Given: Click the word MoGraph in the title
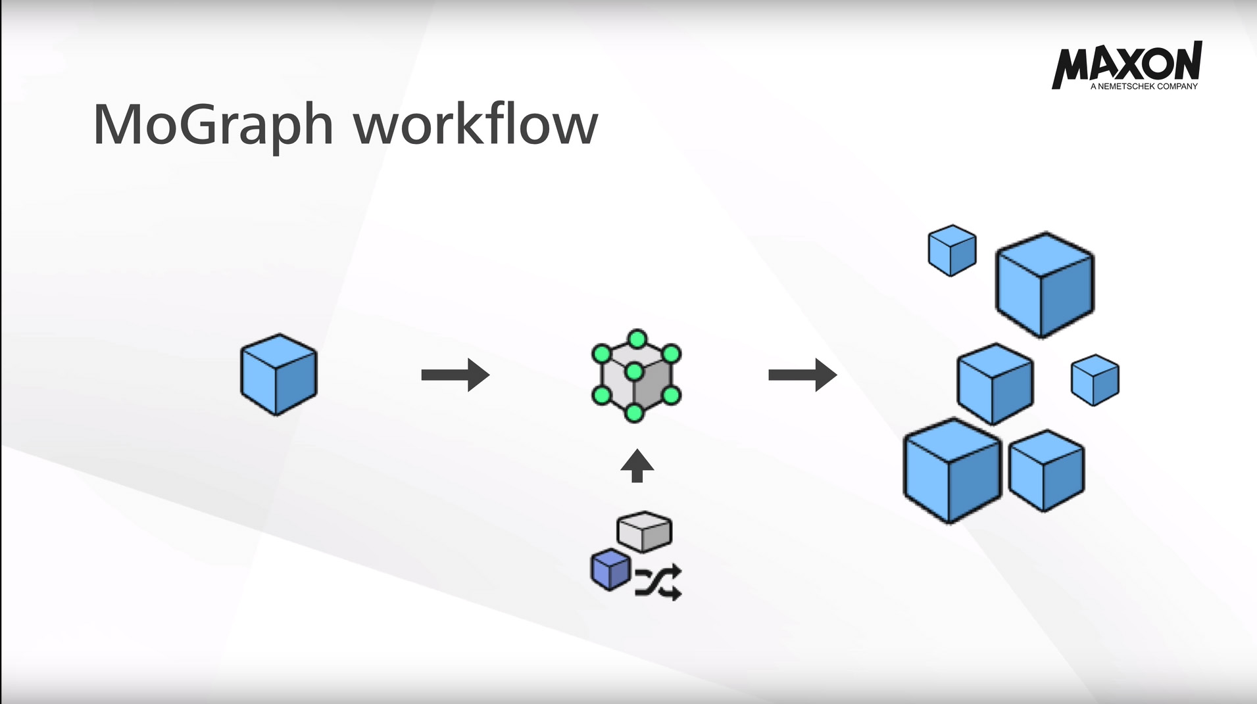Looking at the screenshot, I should click(212, 125).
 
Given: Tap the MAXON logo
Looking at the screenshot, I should click(1127, 62).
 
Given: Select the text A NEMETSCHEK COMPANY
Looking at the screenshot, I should click(1144, 86).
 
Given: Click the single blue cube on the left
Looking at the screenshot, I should click(278, 374).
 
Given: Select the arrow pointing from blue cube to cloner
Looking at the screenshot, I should click(455, 375).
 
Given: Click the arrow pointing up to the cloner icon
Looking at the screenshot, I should click(637, 465).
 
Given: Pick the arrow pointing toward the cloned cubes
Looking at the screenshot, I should click(802, 375).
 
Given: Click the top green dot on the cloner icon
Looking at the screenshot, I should click(637, 339).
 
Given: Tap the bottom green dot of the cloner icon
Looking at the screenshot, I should click(634, 413).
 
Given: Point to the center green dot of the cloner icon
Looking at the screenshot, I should click(634, 372).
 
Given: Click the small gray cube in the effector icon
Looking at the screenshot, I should click(645, 531).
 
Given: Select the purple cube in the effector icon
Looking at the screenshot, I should click(610, 569).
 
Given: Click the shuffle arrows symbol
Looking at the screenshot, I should click(658, 582).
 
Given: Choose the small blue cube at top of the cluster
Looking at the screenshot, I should click(952, 250).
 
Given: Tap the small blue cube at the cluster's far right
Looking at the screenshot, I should click(1095, 380).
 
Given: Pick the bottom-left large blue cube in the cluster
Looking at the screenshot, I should click(951, 470).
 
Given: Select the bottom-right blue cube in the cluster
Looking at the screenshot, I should click(1046, 470).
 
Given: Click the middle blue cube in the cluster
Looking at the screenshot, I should click(995, 384).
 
